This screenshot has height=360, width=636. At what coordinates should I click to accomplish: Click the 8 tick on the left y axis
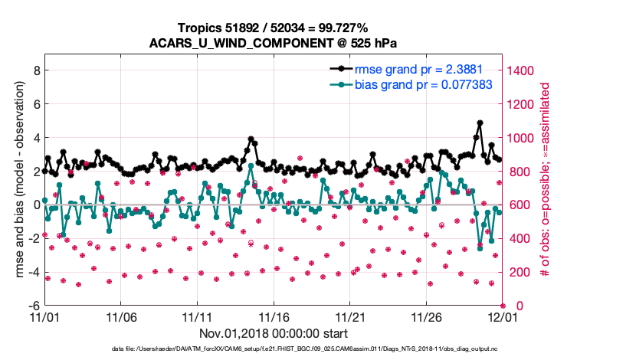(35, 70)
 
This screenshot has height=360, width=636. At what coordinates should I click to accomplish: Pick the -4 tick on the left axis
(33, 272)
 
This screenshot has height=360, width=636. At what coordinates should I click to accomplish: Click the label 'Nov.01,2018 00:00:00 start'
(274, 333)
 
